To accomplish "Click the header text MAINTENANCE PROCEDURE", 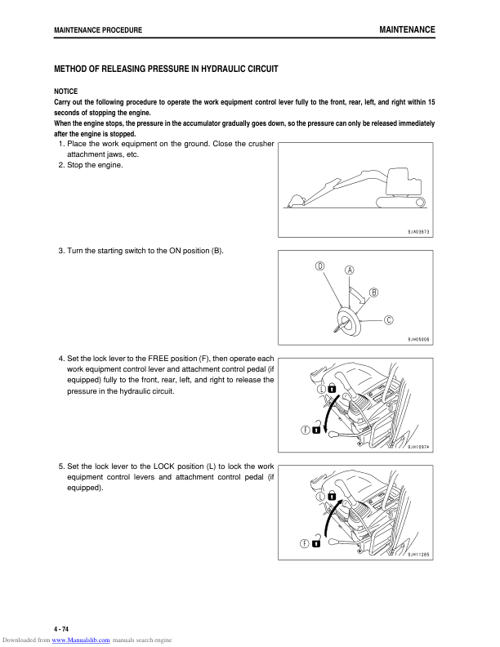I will (97, 30).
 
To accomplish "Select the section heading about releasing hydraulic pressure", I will (166, 69).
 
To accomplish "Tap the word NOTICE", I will (65, 91).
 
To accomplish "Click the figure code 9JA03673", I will (418, 232).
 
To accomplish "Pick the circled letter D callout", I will (320, 266).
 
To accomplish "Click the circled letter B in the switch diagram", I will (373, 292).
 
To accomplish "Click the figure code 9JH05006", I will (418, 339).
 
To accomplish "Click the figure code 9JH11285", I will (418, 555).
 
